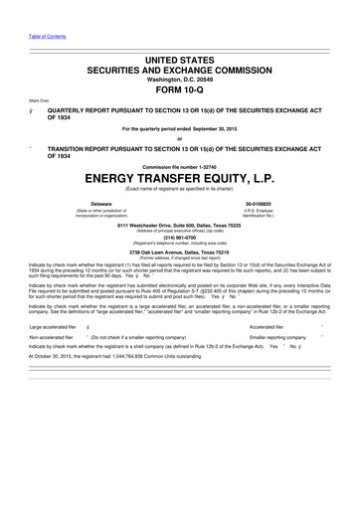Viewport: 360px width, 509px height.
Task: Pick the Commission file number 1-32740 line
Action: pos(180,166)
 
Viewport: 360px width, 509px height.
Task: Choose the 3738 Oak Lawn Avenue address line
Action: pos(180,252)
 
